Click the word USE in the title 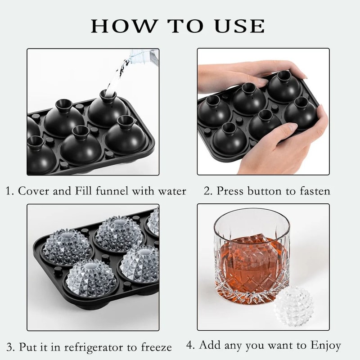pyautogui.click(x=238, y=26)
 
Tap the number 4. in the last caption pyautogui.click(x=191, y=346)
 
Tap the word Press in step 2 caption pyautogui.click(x=229, y=191)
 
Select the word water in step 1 pyautogui.click(x=171, y=191)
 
